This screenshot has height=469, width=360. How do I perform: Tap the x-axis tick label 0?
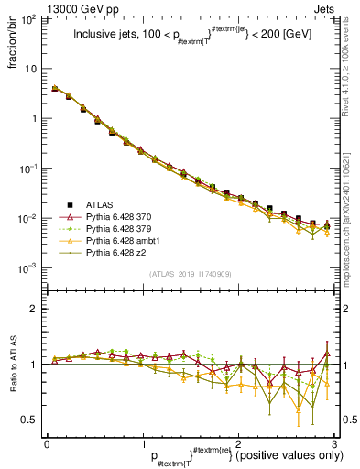click(x=47, y=443)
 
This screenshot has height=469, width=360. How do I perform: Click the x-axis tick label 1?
click(x=143, y=443)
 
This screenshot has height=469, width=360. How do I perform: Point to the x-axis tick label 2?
click(x=238, y=443)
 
